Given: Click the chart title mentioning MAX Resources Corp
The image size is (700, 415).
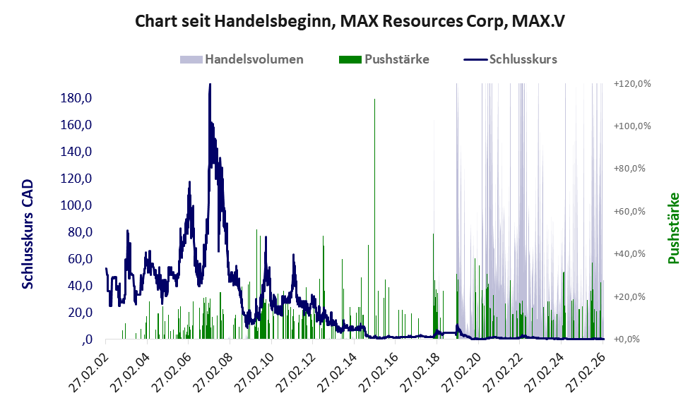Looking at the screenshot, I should click(x=350, y=21).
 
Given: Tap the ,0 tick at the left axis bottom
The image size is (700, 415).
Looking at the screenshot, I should click(x=87, y=339).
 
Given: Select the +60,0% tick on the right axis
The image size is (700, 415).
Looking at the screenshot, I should click(x=635, y=212).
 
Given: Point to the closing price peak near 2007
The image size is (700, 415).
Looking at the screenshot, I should click(x=210, y=85).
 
